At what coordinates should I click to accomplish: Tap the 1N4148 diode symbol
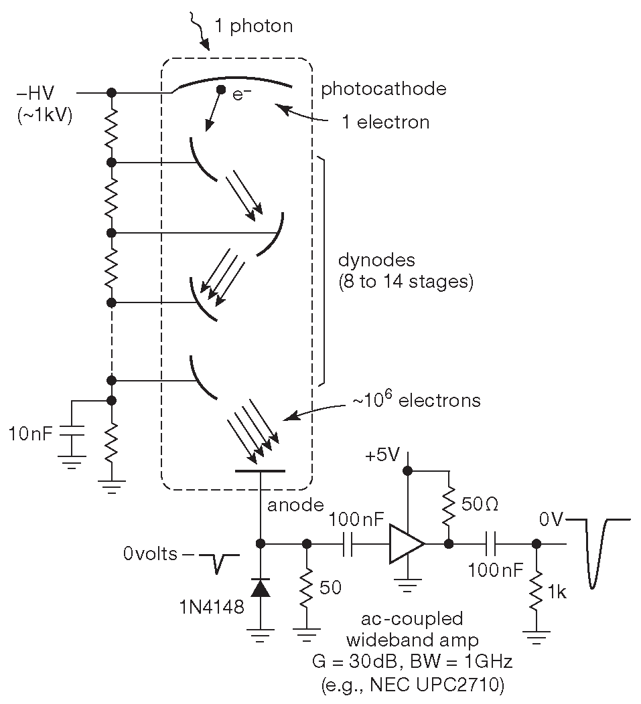(259, 587)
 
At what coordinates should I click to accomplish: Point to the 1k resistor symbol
(536, 589)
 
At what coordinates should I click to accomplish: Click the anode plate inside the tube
(261, 471)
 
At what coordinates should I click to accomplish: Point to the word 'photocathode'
(384, 88)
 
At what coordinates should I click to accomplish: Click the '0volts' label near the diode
(151, 554)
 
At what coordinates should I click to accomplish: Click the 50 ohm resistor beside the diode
(307, 587)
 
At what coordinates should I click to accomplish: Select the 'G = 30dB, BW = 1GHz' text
(412, 662)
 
